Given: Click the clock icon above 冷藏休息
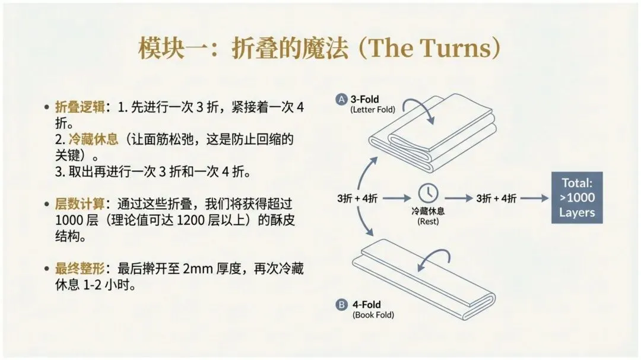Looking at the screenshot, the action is (428, 193).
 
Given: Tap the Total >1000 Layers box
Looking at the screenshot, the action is (577, 197).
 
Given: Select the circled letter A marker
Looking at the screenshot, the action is (341, 100).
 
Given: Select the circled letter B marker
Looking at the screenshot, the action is (341, 305).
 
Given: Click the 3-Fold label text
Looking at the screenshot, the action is (364, 100).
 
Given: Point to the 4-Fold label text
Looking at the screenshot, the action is (367, 305).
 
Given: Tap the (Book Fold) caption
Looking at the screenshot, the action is (373, 315).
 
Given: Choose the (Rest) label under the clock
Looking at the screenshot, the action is (427, 221).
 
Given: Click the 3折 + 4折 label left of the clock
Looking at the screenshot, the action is (357, 199).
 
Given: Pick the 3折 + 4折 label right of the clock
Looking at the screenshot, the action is (496, 199).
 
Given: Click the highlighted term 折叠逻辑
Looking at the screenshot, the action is (80, 107).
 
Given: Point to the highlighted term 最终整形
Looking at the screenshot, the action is (80, 269).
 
